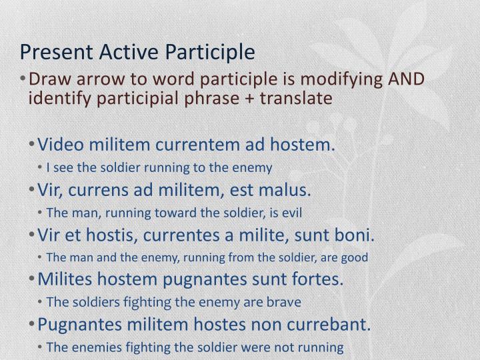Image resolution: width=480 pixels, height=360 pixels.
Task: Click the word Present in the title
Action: point(49,51)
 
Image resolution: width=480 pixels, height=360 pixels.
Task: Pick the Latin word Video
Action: point(58,145)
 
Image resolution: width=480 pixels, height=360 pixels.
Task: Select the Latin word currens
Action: point(97,191)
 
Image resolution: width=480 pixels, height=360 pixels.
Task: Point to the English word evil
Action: point(295,213)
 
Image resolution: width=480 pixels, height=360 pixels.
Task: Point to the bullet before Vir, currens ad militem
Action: point(33,191)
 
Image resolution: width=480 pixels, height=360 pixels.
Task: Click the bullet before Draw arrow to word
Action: point(24,79)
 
